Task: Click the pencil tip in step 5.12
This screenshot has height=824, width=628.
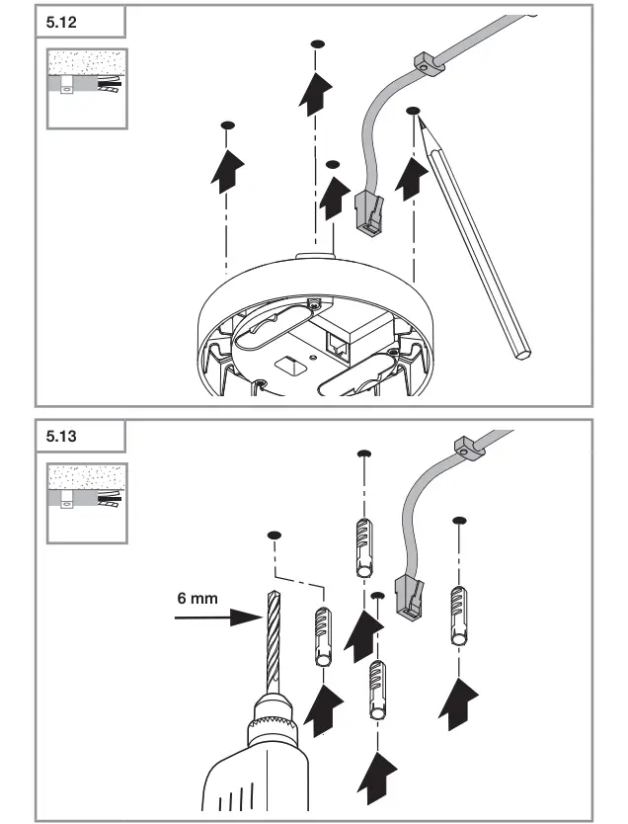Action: [419, 121]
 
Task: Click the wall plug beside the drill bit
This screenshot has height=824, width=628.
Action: [323, 638]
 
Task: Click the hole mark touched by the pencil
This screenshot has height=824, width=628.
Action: [413, 113]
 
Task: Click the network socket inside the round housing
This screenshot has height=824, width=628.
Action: [337, 343]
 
